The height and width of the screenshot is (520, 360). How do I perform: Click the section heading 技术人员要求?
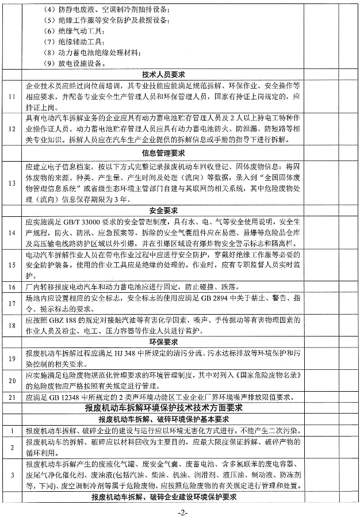(163, 74)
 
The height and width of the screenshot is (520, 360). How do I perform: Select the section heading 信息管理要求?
(163, 154)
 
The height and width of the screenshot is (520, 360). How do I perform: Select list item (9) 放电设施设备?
(74, 63)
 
